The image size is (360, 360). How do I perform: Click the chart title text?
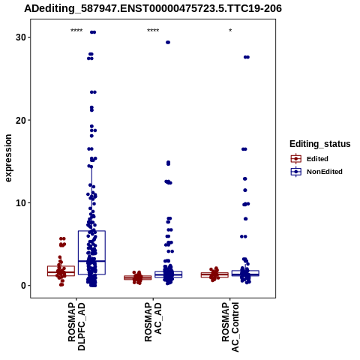[153, 8]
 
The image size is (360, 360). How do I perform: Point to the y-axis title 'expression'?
[8, 158]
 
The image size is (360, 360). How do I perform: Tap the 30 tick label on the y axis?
[21, 37]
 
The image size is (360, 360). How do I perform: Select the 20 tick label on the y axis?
[21, 120]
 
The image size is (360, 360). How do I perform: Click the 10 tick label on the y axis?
[21, 203]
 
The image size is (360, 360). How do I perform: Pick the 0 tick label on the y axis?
[24, 286]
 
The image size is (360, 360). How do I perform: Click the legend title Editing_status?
[320, 144]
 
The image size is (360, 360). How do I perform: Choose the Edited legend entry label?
[317, 159]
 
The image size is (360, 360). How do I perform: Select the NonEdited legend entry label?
[325, 172]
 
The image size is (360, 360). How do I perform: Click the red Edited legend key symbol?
[296, 159]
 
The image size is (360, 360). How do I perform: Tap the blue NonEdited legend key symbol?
[296, 172]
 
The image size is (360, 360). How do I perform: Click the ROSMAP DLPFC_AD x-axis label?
[76, 326]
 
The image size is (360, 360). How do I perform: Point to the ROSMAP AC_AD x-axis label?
[153, 322]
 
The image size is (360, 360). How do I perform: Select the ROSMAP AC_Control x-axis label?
[230, 327]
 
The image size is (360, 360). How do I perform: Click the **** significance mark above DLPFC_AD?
[76, 31]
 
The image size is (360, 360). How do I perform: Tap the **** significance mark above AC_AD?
[153, 31]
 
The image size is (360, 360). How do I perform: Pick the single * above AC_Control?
[230, 31]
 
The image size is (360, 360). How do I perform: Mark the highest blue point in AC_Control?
[247, 57]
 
